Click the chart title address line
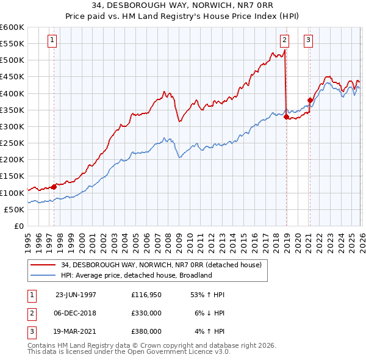point(183,6)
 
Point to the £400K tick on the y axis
point(12,93)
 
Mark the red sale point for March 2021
point(310,100)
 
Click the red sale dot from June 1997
point(54,187)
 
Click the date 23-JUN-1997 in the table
point(76,295)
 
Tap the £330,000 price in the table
point(146,313)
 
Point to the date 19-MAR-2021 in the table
point(76,331)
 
